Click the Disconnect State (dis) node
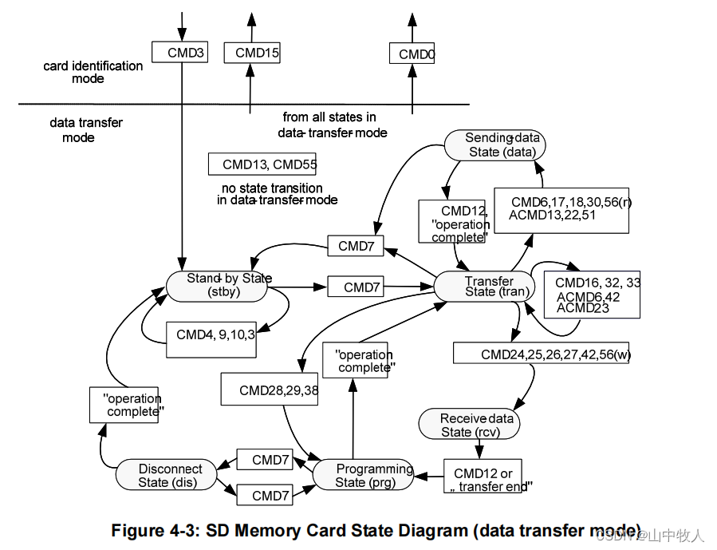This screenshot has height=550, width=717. (x=167, y=475)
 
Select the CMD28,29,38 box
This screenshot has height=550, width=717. (x=270, y=390)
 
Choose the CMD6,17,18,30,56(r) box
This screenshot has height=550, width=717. (x=561, y=210)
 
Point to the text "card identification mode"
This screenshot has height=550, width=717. (x=93, y=72)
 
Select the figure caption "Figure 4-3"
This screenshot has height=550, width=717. (x=376, y=530)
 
